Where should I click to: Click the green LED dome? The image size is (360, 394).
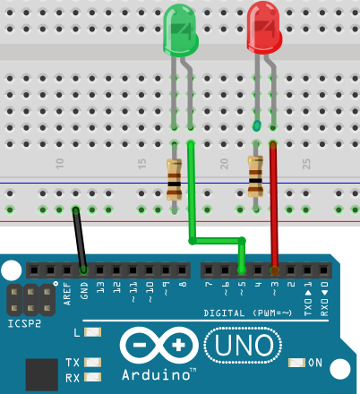click(181, 30)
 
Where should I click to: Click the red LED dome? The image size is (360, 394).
click(264, 28)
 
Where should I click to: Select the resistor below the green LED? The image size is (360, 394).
click(174, 179)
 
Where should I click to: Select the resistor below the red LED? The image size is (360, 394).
click(255, 176)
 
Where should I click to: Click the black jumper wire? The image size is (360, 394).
click(80, 240)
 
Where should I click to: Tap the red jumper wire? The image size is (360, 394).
click(274, 208)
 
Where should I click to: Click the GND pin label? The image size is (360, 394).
click(84, 291)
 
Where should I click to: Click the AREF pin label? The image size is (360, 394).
click(68, 294)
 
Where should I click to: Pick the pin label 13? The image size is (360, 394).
click(101, 287)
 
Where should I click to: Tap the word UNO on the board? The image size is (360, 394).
click(244, 346)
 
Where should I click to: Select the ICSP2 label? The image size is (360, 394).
click(24, 323)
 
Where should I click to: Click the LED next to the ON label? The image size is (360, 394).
click(296, 363)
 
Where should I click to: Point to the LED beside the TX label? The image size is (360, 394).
click(92, 363)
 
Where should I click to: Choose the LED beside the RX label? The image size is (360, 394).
click(92, 377)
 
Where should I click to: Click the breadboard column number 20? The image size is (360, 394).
click(224, 164)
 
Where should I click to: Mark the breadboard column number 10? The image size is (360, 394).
click(60, 164)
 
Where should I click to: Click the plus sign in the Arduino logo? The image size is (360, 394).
click(178, 346)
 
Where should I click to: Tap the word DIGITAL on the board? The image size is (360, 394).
click(224, 313)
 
